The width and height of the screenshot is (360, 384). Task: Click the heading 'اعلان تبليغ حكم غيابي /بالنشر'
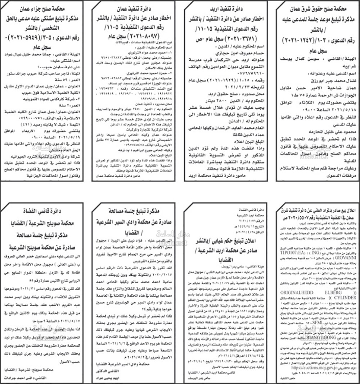pos(228,239)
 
